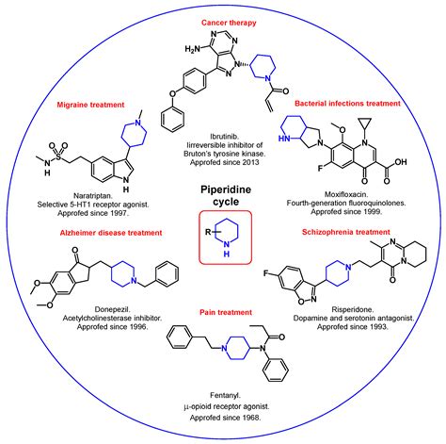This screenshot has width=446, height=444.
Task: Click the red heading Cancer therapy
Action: point(223,21)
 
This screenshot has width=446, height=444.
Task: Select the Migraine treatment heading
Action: point(93,105)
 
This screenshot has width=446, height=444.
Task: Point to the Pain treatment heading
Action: point(223,310)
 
